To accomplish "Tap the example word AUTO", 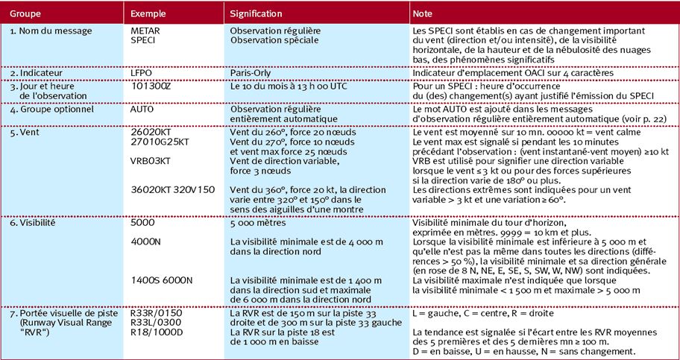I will pos(143,109).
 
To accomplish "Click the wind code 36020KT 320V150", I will pos(172,189).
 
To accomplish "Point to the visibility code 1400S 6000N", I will pos(162,280).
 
